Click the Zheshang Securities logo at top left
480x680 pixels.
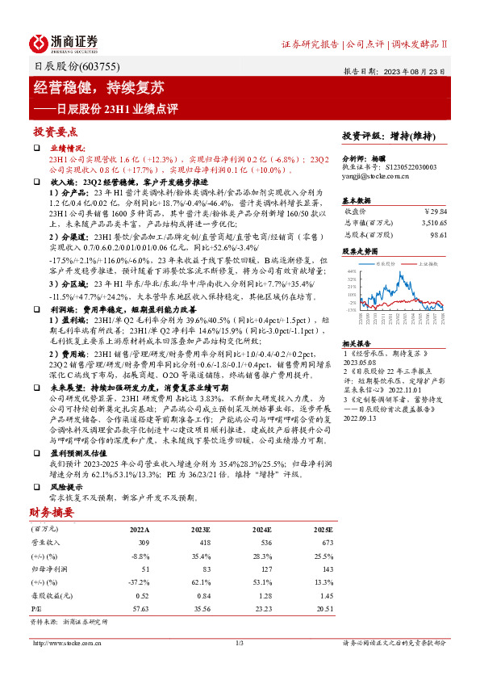point(65,42)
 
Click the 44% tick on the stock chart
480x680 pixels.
point(352,272)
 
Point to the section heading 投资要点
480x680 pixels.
point(56,132)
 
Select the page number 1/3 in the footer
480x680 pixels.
point(239,643)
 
